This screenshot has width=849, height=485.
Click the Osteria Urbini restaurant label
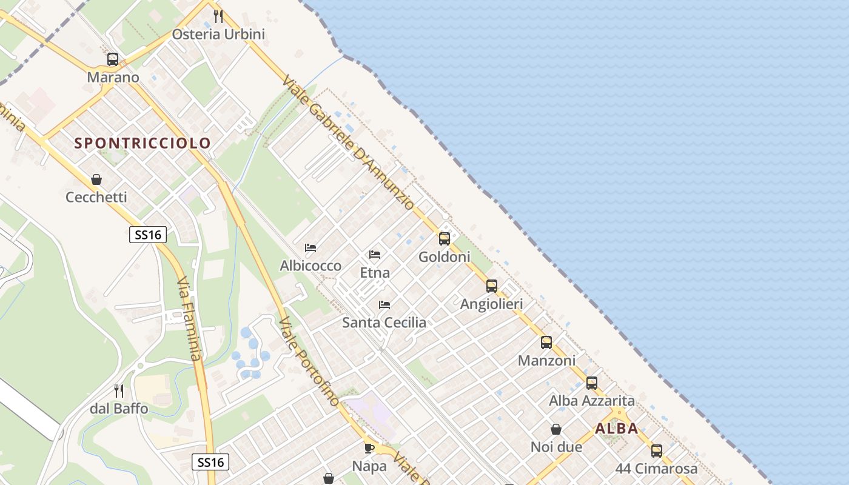218,34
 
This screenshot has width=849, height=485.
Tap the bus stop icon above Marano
113,59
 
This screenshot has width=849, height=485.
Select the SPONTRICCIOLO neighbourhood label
143,143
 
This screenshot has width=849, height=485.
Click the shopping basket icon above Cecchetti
96,179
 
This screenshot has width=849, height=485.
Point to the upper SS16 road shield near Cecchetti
148,234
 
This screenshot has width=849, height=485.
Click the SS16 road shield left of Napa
211,462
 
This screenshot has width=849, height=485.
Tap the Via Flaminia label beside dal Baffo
189,319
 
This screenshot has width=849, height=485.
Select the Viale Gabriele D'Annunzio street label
348,143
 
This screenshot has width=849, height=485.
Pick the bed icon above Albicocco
310,248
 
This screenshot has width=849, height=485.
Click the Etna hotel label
375,273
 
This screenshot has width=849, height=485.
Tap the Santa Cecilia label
384,323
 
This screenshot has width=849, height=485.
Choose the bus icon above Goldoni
445,239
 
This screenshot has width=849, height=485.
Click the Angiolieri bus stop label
491,304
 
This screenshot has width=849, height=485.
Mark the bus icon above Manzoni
546,343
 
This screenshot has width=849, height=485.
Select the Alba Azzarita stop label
591,401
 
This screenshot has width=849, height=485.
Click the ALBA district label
616,429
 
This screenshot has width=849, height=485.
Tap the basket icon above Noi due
556,429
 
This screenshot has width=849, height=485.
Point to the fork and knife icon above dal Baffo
119,391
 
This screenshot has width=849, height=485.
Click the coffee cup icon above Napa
369,449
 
